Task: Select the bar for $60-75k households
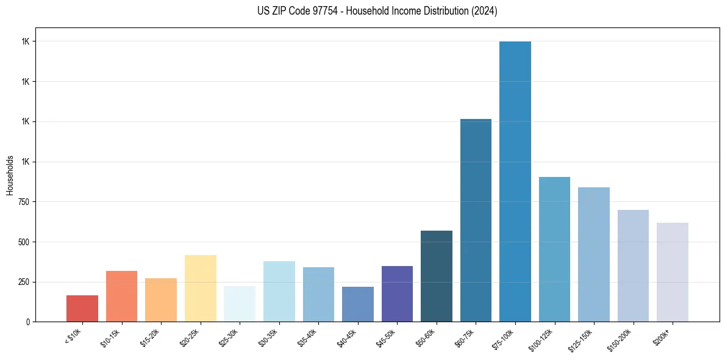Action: (476, 220)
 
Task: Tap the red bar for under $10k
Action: (82, 308)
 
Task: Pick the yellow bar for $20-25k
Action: (201, 288)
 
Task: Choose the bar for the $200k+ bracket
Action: (673, 272)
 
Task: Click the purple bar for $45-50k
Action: (397, 293)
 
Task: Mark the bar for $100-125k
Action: (554, 249)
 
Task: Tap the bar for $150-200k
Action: (633, 265)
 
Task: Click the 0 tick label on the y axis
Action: (27, 322)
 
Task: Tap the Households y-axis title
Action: (10, 175)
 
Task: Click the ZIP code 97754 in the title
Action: (323, 11)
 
